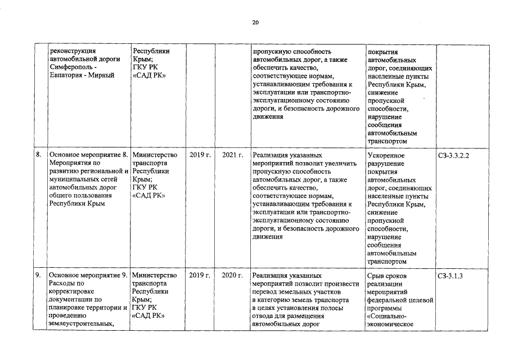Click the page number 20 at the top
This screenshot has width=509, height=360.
tap(255, 22)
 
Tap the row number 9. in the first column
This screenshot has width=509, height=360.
tap(38, 276)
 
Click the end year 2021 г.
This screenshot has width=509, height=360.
tap(232, 155)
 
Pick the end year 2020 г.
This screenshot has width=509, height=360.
tap(232, 276)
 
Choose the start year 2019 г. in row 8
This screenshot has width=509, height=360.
tap(200, 155)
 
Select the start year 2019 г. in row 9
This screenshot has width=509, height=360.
tap(200, 276)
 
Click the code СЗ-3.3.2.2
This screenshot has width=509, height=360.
tap(453, 155)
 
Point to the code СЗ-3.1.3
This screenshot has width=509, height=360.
tap(449, 276)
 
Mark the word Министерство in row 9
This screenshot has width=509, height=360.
tap(155, 276)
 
